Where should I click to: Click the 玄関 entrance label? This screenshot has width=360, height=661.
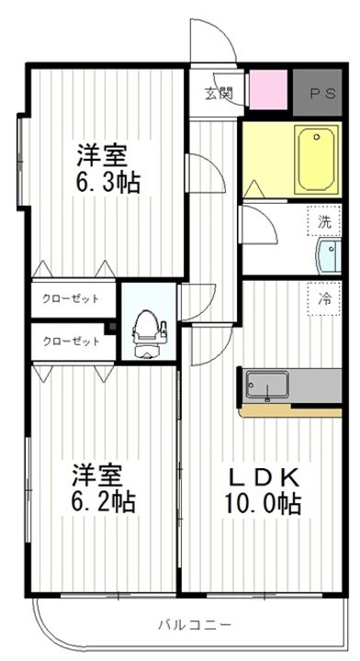tap(219, 93)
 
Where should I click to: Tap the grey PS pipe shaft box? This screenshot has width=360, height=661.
tap(317, 93)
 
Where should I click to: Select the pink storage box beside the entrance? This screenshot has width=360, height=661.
tap(268, 90)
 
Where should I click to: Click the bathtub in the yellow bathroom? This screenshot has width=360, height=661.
tap(317, 160)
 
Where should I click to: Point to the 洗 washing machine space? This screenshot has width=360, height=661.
tap(324, 220)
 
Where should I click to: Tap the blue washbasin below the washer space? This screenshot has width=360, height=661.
tap(328, 255)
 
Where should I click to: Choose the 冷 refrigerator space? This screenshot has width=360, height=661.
tap(324, 299)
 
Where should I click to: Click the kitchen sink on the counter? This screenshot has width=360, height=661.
tap(267, 385)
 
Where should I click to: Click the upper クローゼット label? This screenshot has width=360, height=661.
tap(71, 299)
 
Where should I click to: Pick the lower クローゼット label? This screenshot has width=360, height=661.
tap(72, 341)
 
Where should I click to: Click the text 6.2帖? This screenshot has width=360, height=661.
tap(103, 501)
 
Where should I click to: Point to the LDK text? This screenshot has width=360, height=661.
tap(264, 478)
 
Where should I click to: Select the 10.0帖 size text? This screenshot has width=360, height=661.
tap(263, 503)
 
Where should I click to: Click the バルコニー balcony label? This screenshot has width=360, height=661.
tap(195, 624)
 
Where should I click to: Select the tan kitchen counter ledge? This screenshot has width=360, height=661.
tap(291, 411)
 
